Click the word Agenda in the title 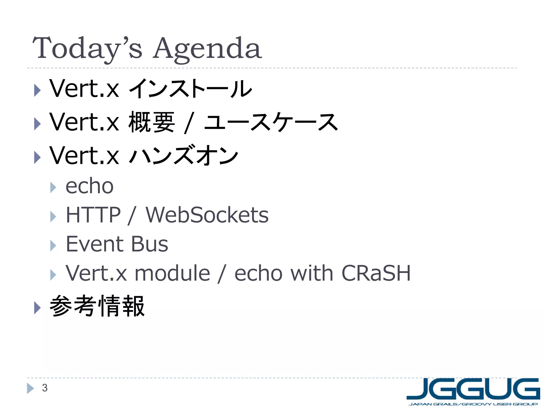coord(207,49)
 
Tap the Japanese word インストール coord(190,88)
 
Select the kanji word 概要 coord(151,122)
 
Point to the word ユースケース coord(271,122)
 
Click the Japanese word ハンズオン coord(183,155)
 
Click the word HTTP coord(93,215)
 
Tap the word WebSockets coord(207,215)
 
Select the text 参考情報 coord(97,306)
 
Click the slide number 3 coord(45,388)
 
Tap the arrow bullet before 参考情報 coord(37,308)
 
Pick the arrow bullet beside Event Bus coord(53,246)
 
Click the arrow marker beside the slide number coord(30,388)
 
